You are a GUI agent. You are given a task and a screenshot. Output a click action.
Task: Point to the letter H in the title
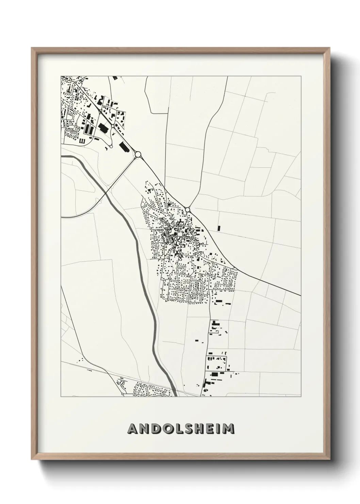pyautogui.click(x=201, y=429)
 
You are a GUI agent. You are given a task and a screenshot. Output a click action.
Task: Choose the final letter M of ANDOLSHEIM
pyautogui.click(x=229, y=429)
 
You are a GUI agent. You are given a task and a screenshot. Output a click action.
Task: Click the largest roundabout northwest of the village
pyautogui.click(x=138, y=155)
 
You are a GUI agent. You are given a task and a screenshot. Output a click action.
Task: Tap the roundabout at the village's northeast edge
pyautogui.click(x=187, y=210)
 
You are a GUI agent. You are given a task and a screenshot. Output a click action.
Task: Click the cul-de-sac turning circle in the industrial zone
pyautogui.click(x=111, y=146)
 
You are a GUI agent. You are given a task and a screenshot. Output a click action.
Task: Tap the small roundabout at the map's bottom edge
pyautogui.click(x=122, y=394)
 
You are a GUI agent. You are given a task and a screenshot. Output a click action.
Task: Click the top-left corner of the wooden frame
pyautogui.click(x=32, y=48)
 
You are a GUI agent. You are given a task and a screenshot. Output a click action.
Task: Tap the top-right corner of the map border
pyautogui.click(x=301, y=76)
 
